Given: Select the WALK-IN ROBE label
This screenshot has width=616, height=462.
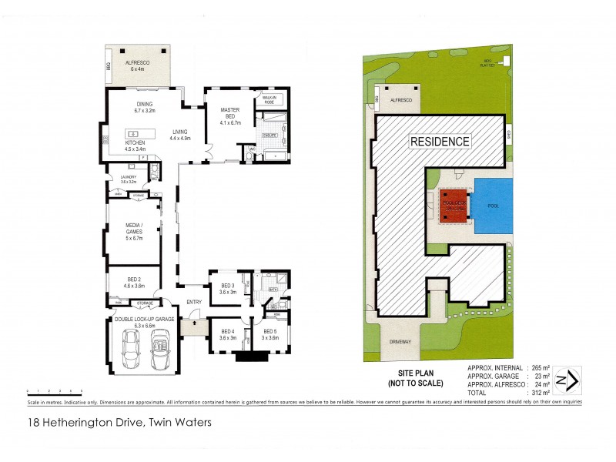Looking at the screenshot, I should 269,99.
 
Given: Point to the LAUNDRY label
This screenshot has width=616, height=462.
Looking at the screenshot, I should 128,179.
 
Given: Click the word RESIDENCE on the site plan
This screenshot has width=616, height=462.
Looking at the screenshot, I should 439,142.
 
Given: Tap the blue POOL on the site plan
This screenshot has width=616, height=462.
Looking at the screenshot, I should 494,207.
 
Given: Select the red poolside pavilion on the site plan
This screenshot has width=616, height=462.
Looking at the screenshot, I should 452,206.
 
